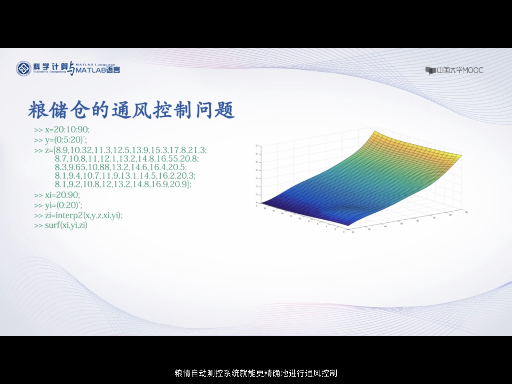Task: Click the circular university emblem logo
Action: (24, 68)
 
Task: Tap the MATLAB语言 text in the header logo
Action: (97, 70)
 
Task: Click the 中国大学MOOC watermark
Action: (454, 70)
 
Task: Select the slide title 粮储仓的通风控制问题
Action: (131, 110)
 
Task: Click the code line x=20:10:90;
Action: (67, 129)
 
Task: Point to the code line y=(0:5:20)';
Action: (66, 140)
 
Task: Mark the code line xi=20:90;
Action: (62, 195)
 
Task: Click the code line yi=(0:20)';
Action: (63, 205)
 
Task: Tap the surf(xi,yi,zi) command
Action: (66, 225)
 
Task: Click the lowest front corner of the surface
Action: (348, 225)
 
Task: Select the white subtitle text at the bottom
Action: (256, 373)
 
